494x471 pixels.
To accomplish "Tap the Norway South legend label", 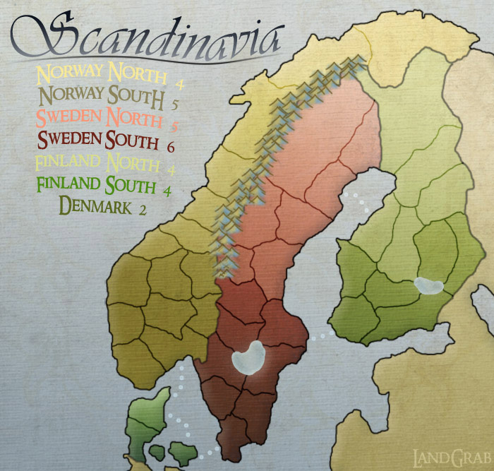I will coord(102,94).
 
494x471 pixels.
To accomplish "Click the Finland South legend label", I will coord(95,186).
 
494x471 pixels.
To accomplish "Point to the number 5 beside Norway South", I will coord(174,105).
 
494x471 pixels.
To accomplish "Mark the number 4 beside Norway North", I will coord(180,84).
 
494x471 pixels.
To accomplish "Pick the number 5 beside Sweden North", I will coord(173,127).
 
